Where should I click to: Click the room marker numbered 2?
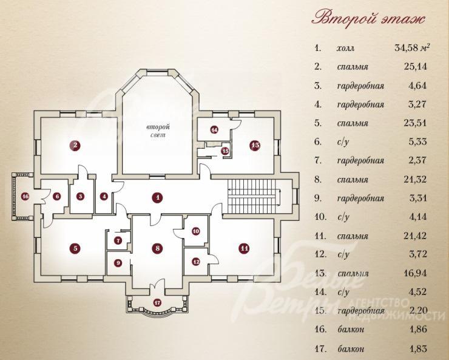click(75, 146)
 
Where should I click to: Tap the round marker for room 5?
click(75, 248)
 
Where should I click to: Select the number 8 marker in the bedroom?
click(158, 248)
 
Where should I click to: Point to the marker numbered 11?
click(244, 248)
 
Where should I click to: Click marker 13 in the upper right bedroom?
click(255, 146)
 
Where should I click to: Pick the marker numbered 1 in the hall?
click(157, 197)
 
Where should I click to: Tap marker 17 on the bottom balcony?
click(157, 302)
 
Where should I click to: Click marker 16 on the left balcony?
click(25, 197)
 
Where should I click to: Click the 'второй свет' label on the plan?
click(158, 131)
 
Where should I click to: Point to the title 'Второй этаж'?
click(368, 19)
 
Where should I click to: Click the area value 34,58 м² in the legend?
click(412, 47)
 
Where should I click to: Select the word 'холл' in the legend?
click(346, 48)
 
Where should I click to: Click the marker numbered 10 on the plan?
click(196, 231)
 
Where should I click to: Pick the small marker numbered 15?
click(226, 151)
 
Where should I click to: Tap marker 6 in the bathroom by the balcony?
click(56, 197)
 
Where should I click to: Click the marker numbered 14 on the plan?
click(214, 130)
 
